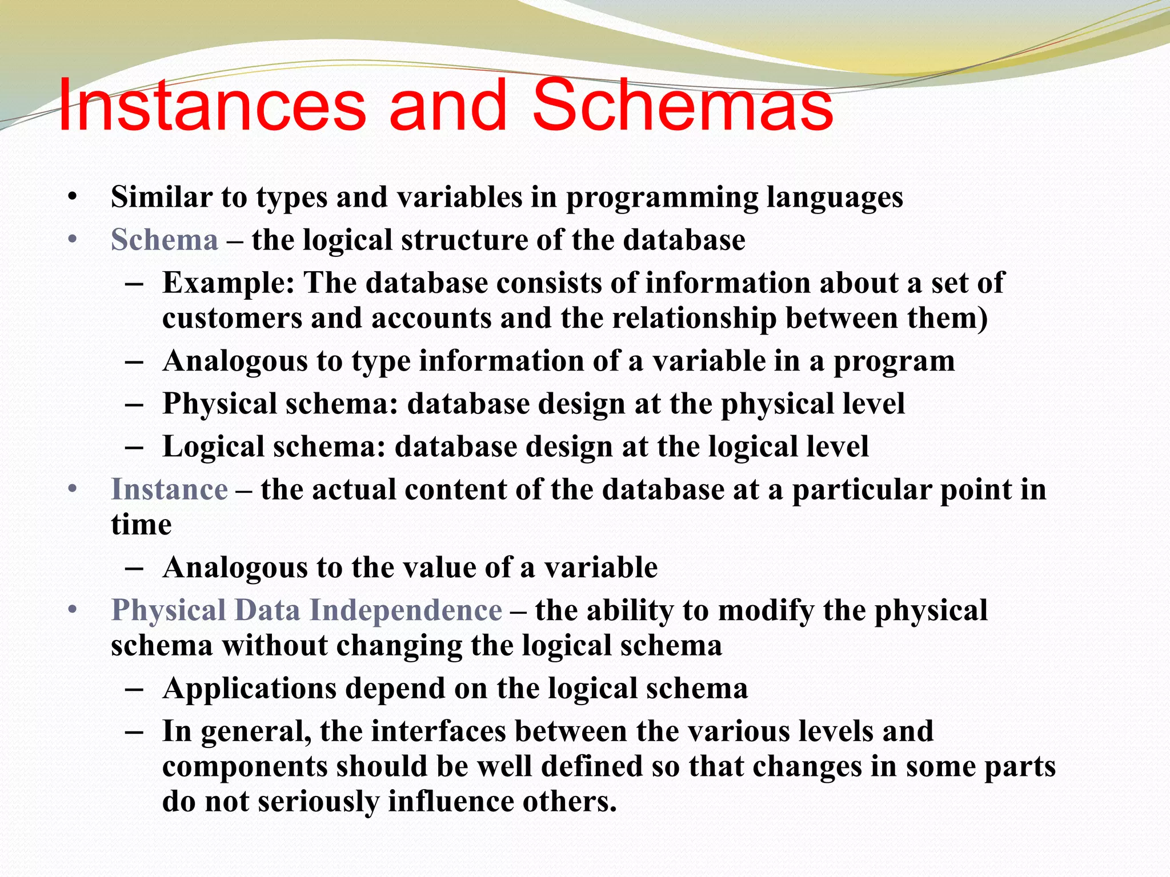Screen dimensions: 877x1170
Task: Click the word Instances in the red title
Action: (211, 106)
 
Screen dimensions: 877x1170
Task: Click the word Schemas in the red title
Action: (683, 106)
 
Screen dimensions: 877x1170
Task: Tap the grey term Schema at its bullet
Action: (165, 240)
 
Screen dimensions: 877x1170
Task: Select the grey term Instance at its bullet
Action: (169, 490)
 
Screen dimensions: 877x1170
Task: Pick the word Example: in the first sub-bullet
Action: (229, 283)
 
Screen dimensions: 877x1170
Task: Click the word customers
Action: (232, 319)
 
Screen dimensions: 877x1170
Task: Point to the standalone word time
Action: (141, 525)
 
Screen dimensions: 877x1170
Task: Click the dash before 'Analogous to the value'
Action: (133, 568)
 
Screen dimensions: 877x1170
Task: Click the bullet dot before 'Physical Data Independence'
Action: (72, 610)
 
